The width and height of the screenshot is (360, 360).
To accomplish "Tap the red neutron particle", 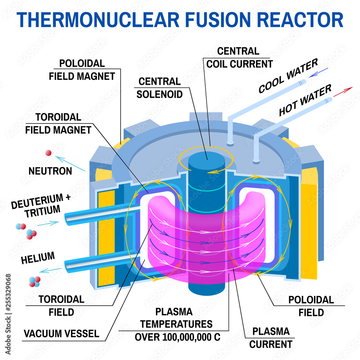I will pyautogui.click(x=48, y=153).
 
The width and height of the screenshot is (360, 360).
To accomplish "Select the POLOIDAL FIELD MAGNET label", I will pyautogui.click(x=87, y=69).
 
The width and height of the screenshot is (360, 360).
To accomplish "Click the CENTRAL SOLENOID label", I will pyautogui.click(x=159, y=87).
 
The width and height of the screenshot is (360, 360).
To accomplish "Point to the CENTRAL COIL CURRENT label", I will pyautogui.click(x=239, y=58).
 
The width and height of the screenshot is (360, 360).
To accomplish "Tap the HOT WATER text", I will pyautogui.click(x=305, y=101).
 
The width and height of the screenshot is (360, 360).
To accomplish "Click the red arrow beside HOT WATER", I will pyautogui.click(x=343, y=92).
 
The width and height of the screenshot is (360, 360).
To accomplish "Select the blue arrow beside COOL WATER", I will pyautogui.click(x=318, y=72).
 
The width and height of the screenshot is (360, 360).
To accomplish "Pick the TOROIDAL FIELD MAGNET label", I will pyautogui.click(x=58, y=123).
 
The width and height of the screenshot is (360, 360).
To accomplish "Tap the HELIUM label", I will pyautogui.click(x=38, y=258).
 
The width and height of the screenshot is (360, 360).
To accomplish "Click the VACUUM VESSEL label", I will pyautogui.click(x=61, y=333).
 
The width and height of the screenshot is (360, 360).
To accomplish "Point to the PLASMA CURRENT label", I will pyautogui.click(x=270, y=337).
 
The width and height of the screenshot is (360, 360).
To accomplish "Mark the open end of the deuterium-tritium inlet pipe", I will pyautogui.click(x=67, y=218).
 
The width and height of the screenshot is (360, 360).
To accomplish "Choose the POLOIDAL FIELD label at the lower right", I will pyautogui.click(x=311, y=306).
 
